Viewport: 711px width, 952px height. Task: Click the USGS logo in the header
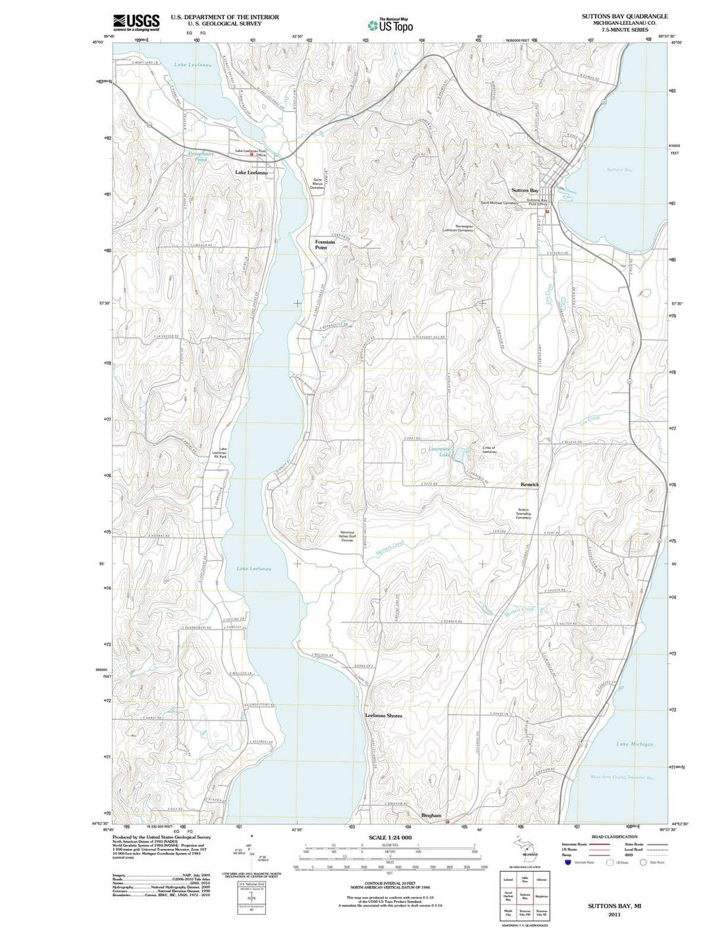point(136,22)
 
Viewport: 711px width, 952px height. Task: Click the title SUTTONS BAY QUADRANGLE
point(624,16)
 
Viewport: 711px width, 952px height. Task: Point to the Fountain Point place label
point(325,244)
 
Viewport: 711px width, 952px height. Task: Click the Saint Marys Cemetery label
point(317,184)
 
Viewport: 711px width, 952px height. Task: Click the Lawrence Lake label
point(440,452)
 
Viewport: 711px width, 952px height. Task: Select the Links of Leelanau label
point(488,450)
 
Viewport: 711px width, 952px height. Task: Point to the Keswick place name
point(529,485)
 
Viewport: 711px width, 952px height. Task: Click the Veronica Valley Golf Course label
point(347,536)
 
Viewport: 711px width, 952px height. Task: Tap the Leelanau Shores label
point(383,715)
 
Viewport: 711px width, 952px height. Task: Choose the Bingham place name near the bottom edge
point(431,815)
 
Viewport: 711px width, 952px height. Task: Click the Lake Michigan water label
point(635,744)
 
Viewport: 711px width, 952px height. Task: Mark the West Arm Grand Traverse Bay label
point(622,778)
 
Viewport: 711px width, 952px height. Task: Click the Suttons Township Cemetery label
point(523,513)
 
